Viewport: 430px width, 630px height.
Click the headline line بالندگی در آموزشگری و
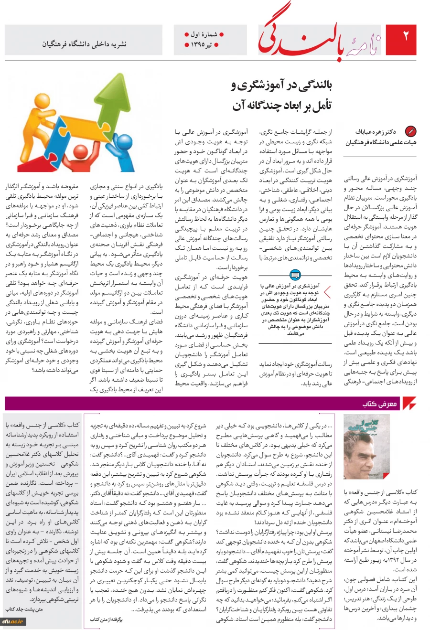(281, 85)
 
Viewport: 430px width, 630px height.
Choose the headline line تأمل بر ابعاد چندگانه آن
(282, 105)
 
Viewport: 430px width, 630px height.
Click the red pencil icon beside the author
(410, 131)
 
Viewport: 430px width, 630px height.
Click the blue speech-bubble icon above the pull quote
(295, 274)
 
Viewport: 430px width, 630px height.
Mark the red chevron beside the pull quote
(327, 292)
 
